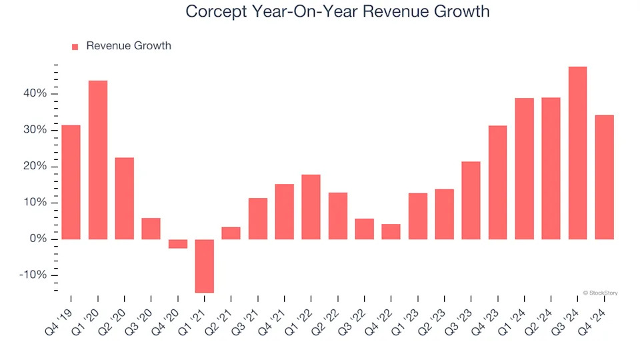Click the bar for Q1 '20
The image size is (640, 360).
[x=97, y=160]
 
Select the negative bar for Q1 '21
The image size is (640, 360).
[x=204, y=265]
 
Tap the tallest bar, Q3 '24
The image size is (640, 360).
[x=577, y=153]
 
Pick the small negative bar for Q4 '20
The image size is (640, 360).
[x=177, y=243]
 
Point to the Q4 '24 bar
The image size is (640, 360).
[x=604, y=177]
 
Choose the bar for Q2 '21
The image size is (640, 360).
[x=231, y=233]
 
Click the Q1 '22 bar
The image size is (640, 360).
[x=311, y=207]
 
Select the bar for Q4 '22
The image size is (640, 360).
[x=391, y=231]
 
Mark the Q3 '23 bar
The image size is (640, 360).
[x=471, y=200]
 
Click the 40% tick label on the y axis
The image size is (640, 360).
[x=34, y=93]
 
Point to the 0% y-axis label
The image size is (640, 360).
[x=37, y=239]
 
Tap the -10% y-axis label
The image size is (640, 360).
[x=32, y=275]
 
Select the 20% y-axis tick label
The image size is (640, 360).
[x=34, y=166]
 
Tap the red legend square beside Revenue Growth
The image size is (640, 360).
[x=75, y=47]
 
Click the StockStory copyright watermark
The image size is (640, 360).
[x=600, y=292]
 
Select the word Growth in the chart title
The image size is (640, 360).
[x=462, y=11]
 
